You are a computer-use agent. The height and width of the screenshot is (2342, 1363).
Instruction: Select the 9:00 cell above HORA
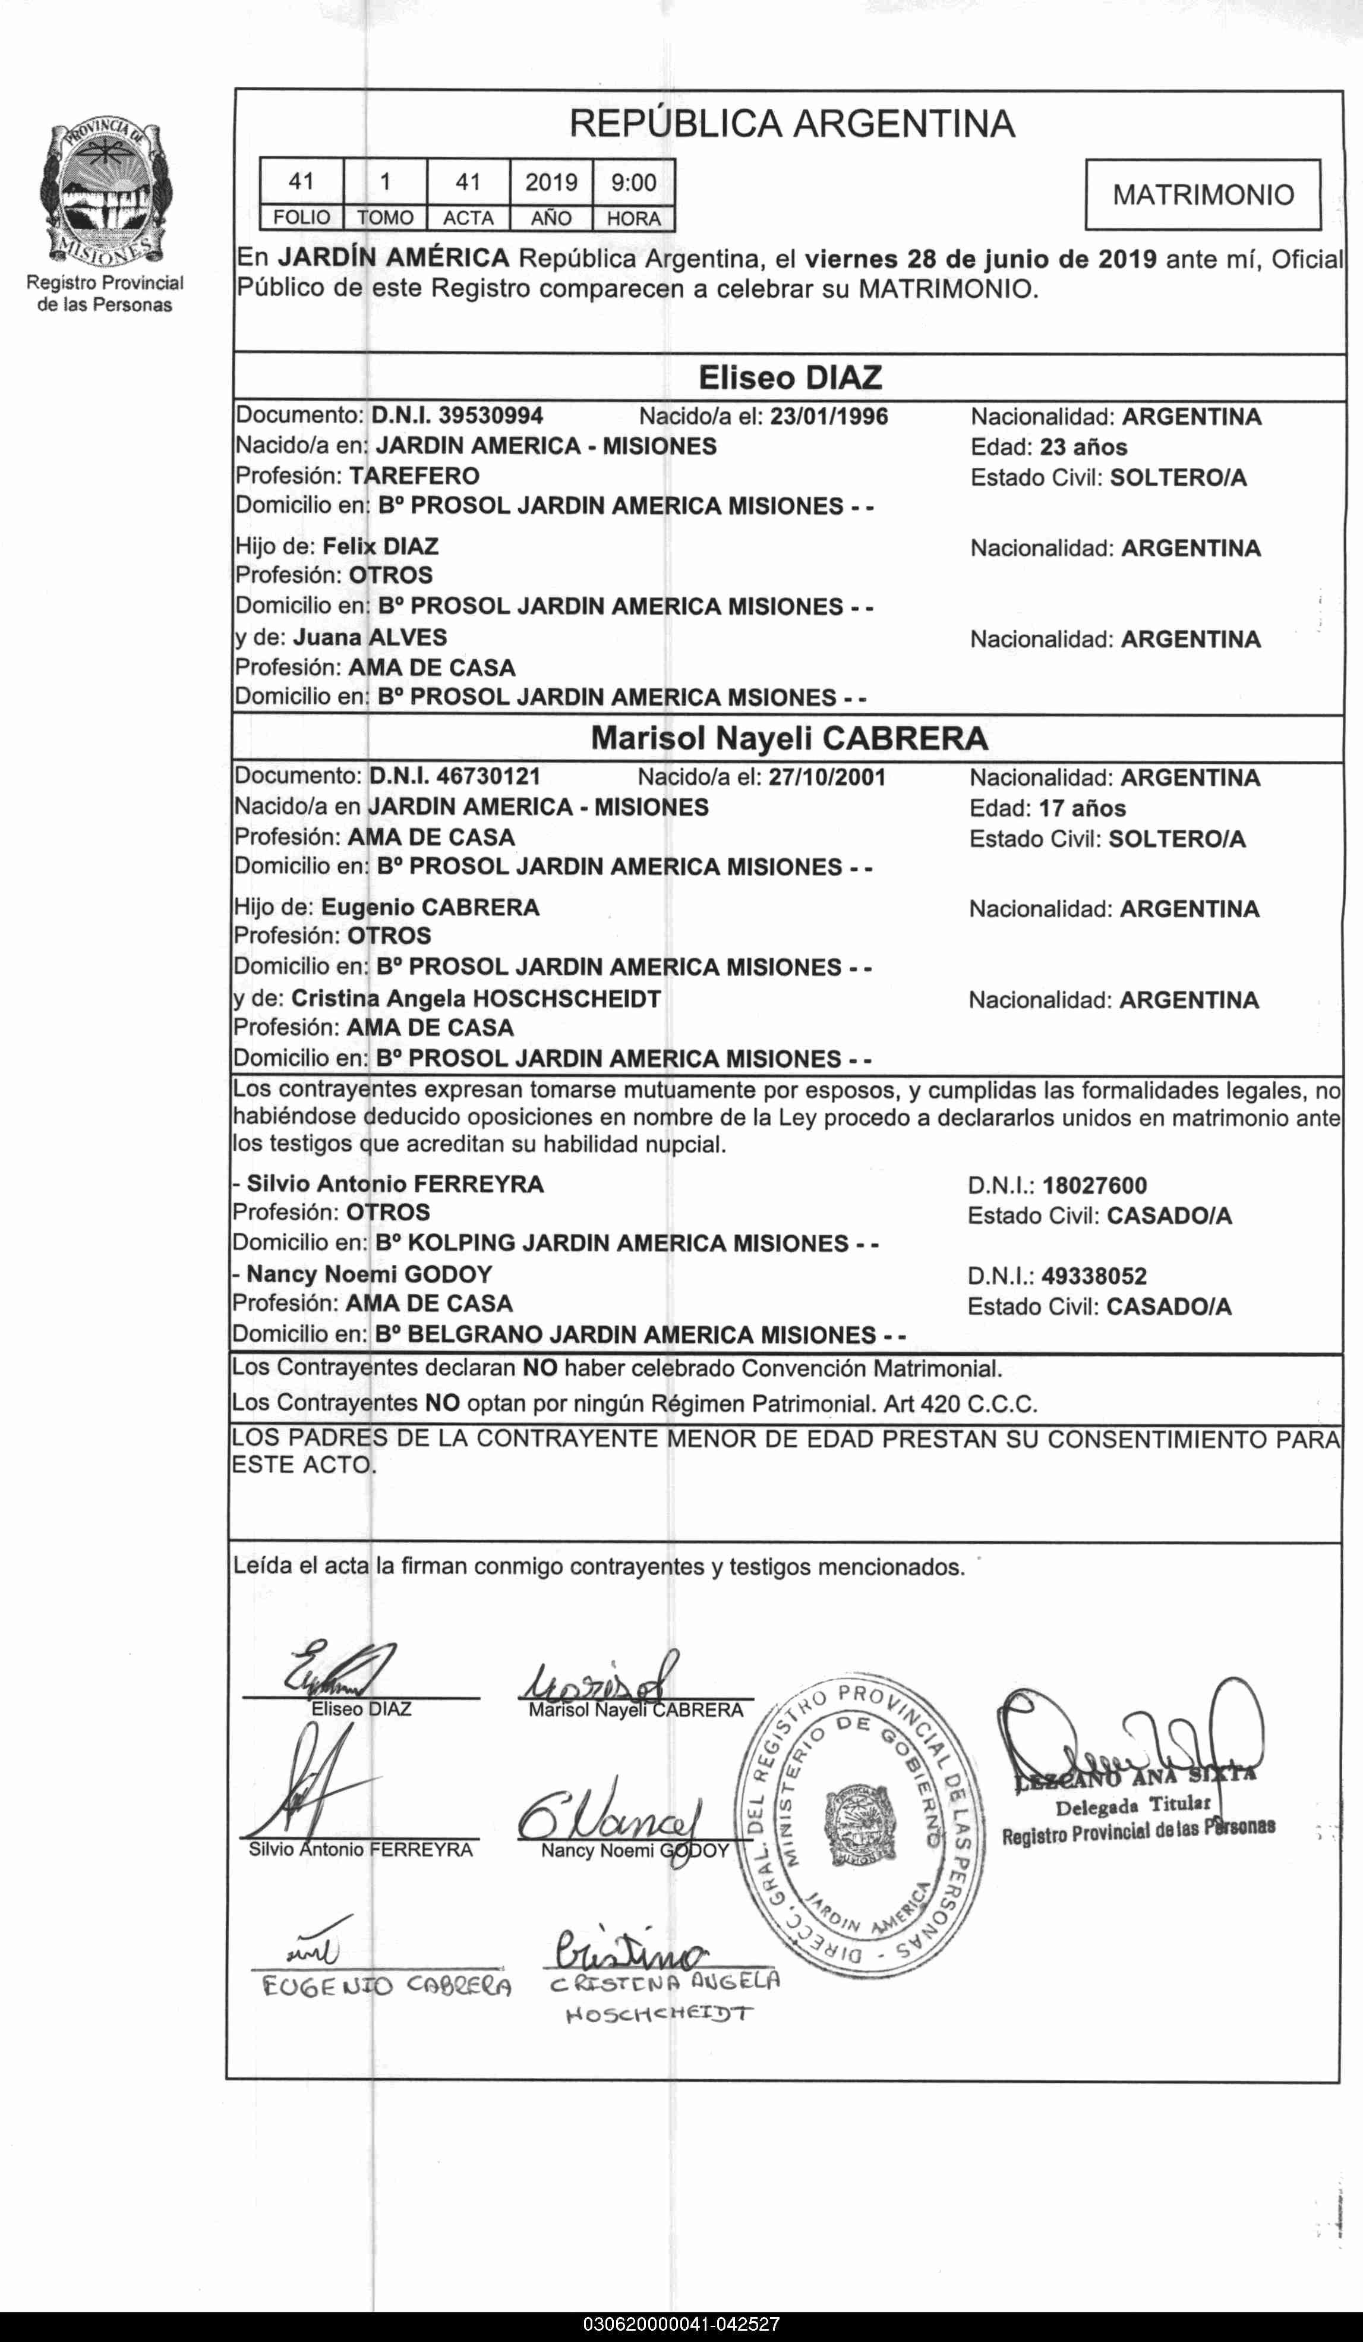(x=633, y=183)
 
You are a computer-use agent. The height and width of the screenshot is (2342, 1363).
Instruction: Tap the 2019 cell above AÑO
(x=551, y=183)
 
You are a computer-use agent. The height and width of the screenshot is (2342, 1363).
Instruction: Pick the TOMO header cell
(x=384, y=218)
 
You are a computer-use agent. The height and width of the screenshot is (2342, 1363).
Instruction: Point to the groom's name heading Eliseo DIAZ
(x=789, y=378)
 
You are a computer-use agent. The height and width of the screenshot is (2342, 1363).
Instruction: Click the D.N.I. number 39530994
(x=491, y=415)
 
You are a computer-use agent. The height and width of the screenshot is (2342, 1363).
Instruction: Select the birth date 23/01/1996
(x=829, y=416)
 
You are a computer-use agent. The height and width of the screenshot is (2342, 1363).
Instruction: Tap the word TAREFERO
(x=414, y=476)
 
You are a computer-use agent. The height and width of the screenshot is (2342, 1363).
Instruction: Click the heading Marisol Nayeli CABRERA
(x=789, y=739)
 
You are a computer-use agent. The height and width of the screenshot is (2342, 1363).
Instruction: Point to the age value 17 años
(x=1083, y=808)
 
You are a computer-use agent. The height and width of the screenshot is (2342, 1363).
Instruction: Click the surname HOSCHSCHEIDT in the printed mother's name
(x=567, y=999)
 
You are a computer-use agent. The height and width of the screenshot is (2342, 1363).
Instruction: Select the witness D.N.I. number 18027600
(x=1094, y=1186)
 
